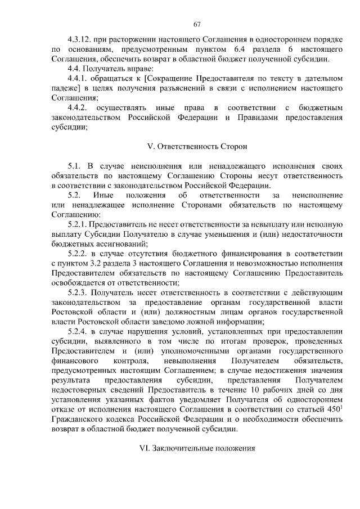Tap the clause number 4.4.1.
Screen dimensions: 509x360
[x=78, y=78]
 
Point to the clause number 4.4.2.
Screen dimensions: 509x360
[x=78, y=107]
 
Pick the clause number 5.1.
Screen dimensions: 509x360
[x=74, y=166]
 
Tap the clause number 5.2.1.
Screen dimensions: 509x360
[x=78, y=224]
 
